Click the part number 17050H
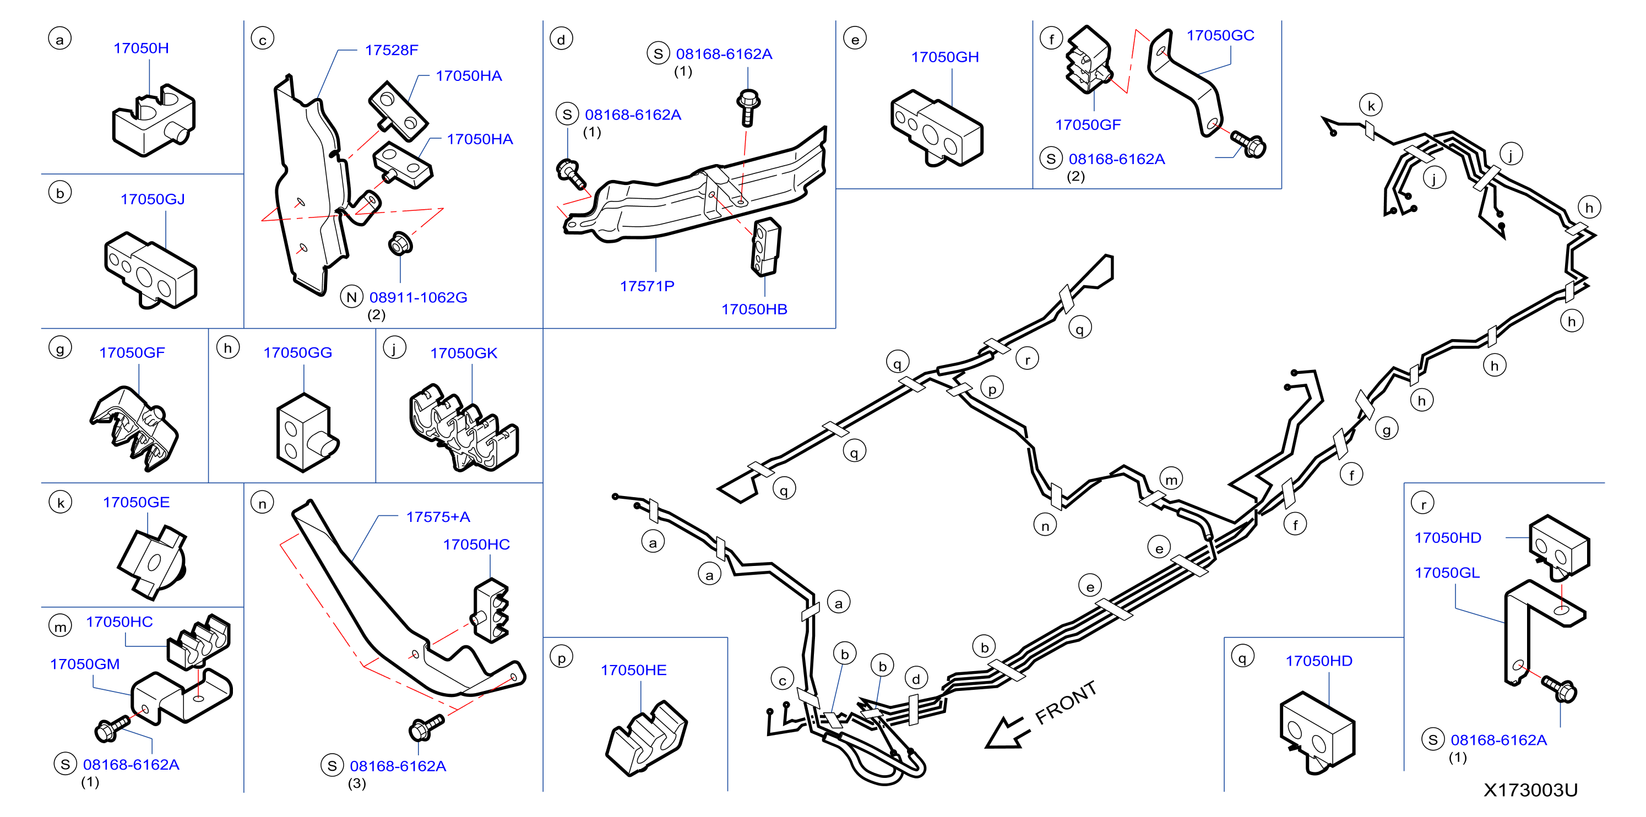coord(141,48)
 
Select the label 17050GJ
coord(153,199)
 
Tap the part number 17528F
coord(391,50)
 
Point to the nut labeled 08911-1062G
coord(400,243)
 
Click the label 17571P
coord(647,286)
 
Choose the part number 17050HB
coord(754,309)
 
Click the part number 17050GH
coord(944,57)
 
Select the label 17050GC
coord(1220,35)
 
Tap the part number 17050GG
coord(298,352)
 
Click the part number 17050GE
coord(136,502)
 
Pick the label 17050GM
coord(85,665)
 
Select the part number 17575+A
coord(438,517)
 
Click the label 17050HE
coord(633,670)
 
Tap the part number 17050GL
coord(1447,573)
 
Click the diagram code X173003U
coord(1530,790)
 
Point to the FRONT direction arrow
coord(1008,732)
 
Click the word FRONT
coord(1066,702)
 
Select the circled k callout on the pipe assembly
coord(1371,105)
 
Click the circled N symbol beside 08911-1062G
coord(351,297)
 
